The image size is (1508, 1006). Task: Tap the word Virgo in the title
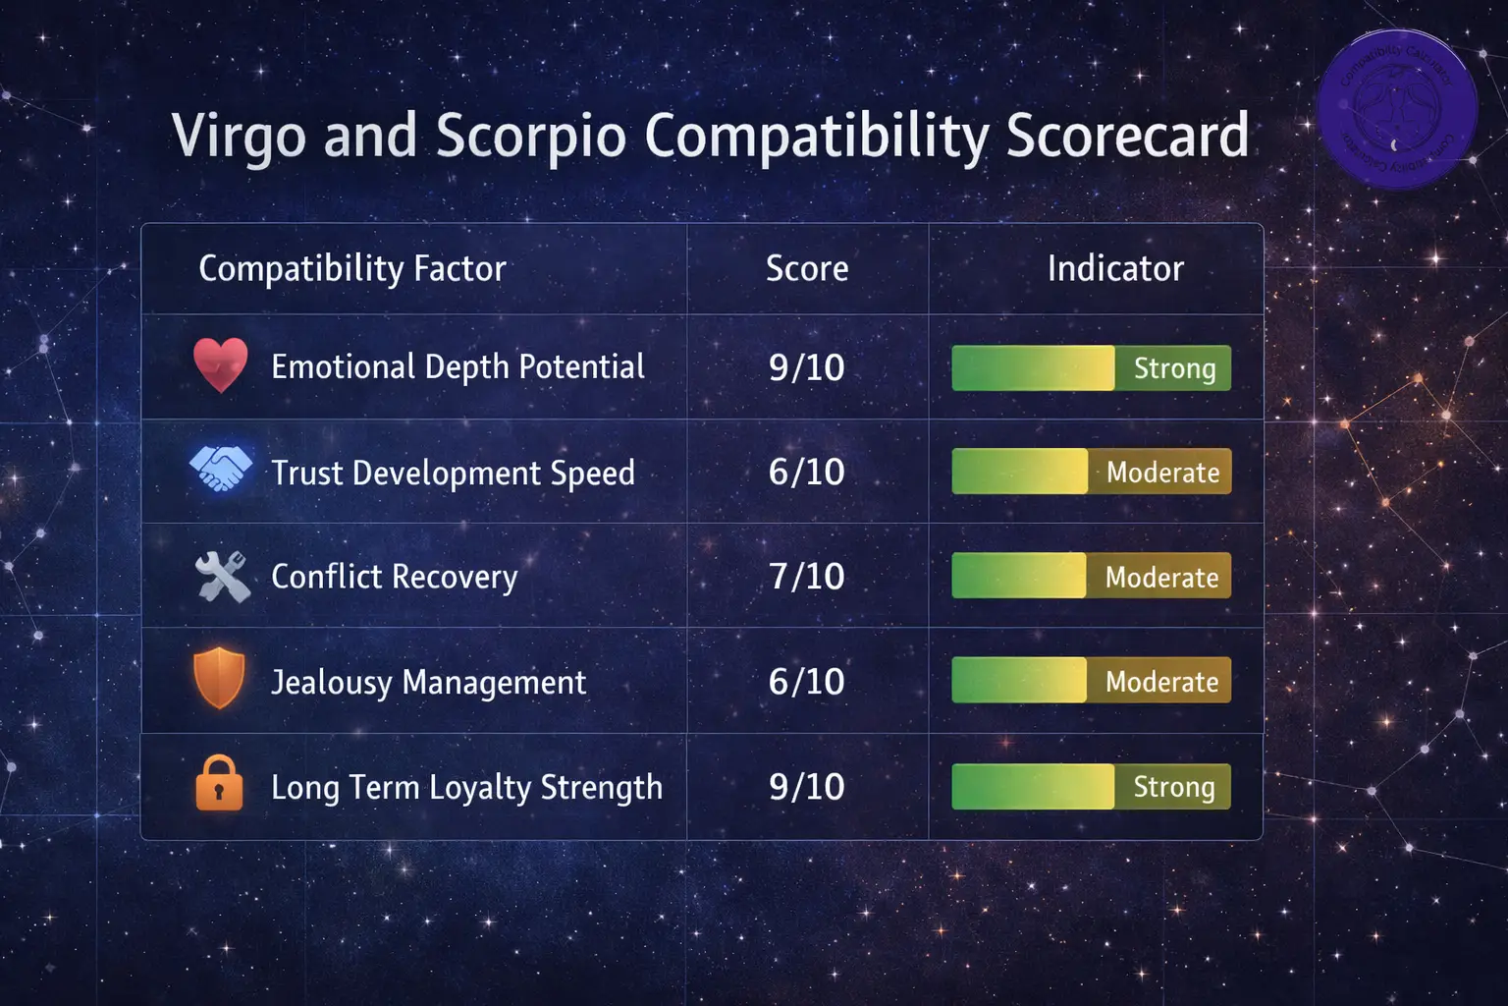coord(239,136)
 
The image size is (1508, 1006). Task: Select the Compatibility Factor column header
coord(352,268)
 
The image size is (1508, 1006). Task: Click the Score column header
coord(807,268)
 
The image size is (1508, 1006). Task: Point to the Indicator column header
coord(1115,268)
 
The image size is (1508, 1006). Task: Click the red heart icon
coord(221,364)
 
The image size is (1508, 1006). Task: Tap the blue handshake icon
coord(221,469)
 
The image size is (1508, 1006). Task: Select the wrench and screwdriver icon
coord(223,576)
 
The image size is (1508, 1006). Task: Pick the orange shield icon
coord(220,678)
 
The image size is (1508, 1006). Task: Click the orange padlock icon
coord(219,783)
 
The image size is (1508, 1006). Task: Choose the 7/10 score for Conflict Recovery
coord(807,577)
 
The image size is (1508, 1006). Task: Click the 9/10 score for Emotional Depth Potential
coord(807,367)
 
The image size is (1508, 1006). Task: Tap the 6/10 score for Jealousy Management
coord(807,682)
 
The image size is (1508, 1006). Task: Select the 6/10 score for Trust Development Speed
coord(807,473)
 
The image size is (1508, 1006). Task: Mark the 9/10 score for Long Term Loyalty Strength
coord(807,787)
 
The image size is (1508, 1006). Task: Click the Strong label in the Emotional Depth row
coord(1174,368)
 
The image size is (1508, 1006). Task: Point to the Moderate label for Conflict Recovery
coord(1161,578)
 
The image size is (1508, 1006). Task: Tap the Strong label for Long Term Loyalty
coord(1174,787)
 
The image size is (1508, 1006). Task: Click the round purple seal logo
coord(1397,109)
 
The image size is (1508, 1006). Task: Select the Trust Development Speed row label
coord(453,474)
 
